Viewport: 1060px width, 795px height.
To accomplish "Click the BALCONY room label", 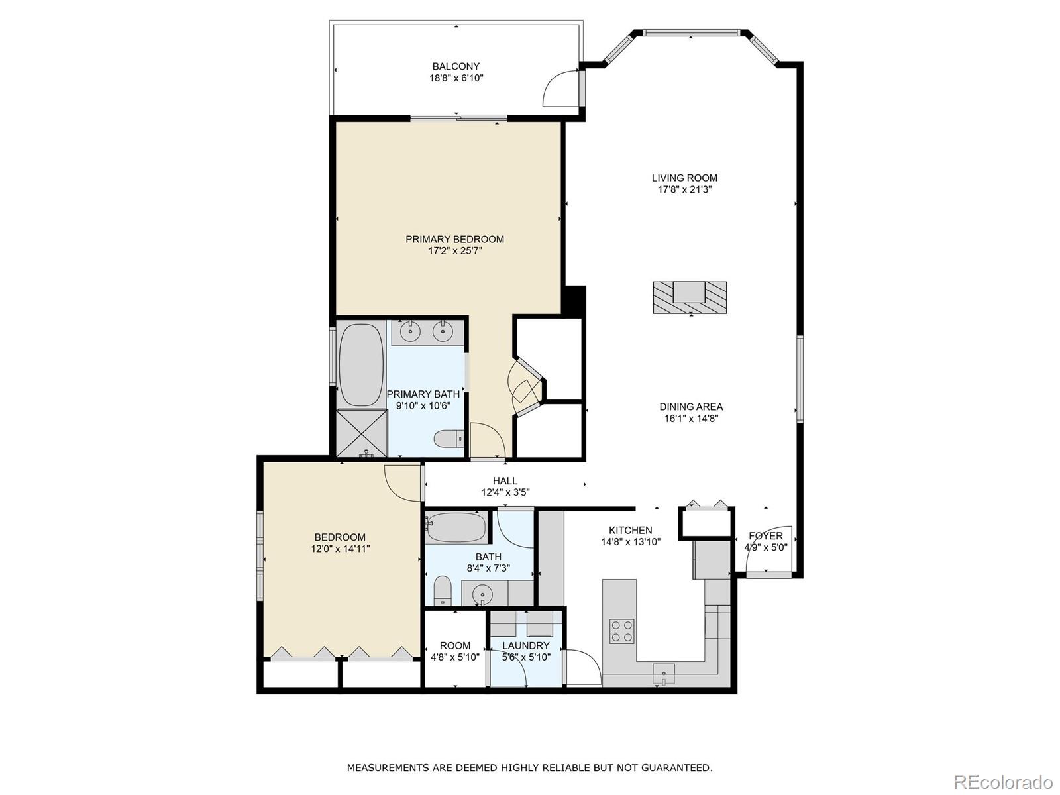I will click(456, 66).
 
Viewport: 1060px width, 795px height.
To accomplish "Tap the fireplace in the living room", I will click(690, 297).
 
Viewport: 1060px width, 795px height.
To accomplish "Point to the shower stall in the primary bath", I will click(362, 433).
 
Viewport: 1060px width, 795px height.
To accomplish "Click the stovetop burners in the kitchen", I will click(621, 630).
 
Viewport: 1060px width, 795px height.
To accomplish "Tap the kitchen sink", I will click(663, 674).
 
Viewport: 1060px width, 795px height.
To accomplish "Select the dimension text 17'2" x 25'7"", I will click(455, 251).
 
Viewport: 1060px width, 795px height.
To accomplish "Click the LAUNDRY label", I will click(525, 645).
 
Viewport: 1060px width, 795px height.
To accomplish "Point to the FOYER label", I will click(765, 536).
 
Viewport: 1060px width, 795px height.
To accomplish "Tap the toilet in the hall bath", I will click(442, 590).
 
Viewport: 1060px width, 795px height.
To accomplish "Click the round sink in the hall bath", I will click(483, 594).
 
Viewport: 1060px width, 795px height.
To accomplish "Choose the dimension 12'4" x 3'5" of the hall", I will click(505, 492).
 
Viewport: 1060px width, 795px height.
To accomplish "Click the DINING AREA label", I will click(691, 407).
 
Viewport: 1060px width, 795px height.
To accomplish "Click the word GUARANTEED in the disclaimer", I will click(678, 767).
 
